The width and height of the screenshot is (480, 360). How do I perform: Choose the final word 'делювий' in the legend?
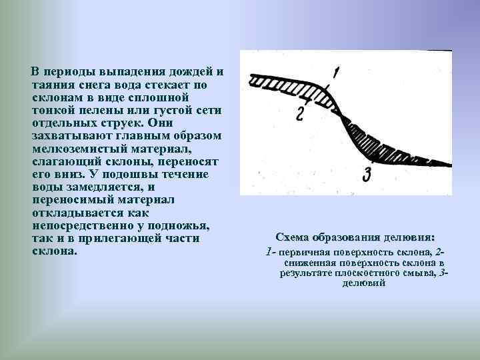click(x=363, y=283)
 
